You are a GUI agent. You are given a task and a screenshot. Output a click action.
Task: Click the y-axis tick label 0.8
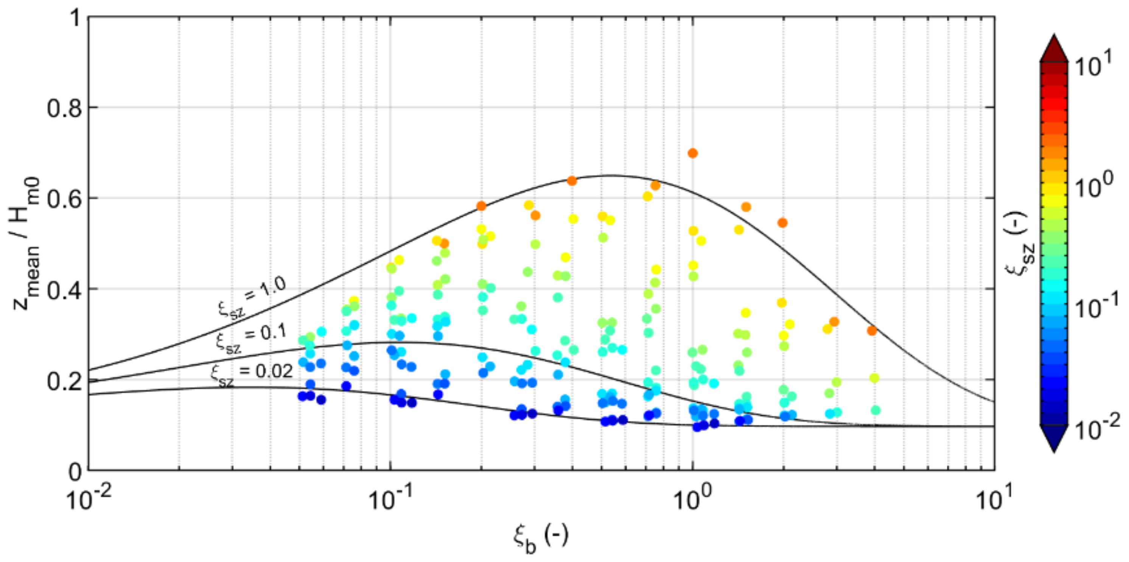[x=64, y=108]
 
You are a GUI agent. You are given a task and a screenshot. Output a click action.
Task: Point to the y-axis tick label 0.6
[x=64, y=199]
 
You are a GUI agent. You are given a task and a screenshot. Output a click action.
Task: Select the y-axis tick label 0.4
[x=64, y=290]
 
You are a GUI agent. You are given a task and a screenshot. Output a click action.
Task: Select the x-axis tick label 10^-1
[x=389, y=499]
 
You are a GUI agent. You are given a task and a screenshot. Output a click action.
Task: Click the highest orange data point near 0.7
[x=692, y=153]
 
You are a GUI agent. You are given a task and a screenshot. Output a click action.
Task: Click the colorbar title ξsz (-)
[x=1021, y=237]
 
